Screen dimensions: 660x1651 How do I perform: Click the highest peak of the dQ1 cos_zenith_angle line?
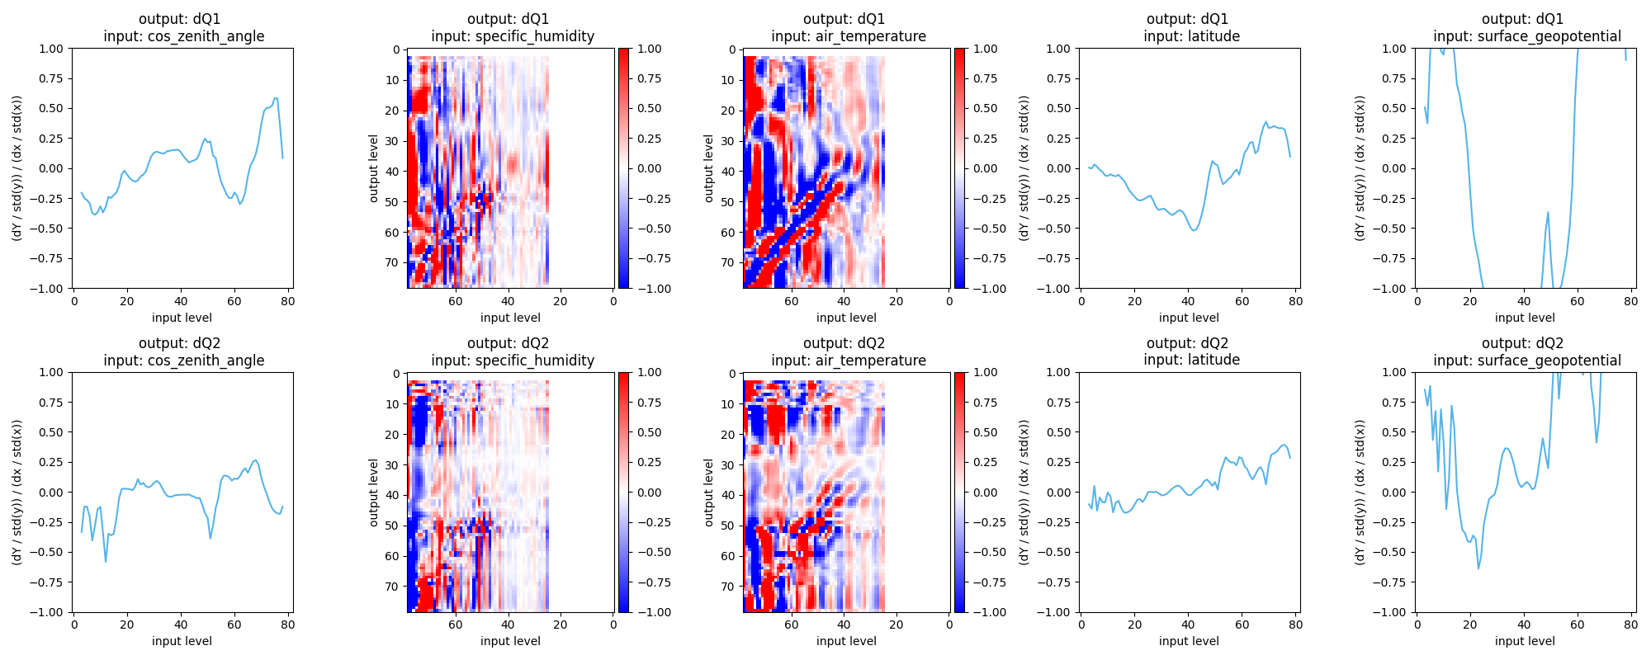[x=276, y=98]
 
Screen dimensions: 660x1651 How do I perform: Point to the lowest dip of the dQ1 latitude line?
[x=1194, y=230]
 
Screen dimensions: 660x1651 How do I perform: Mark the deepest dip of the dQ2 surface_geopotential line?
[x=1478, y=568]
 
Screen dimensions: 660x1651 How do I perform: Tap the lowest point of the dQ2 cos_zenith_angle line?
[x=106, y=562]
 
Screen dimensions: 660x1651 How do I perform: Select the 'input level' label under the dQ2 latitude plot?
[x=1189, y=641]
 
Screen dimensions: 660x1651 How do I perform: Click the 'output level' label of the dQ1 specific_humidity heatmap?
[x=374, y=168]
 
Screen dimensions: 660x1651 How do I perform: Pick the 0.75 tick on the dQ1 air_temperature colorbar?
[x=979, y=78]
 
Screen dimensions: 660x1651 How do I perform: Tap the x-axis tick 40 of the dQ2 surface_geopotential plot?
[x=1524, y=625]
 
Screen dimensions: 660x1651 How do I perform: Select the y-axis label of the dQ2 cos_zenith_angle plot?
[x=17, y=492]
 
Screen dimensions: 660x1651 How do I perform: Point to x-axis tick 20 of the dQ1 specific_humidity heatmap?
[x=561, y=301]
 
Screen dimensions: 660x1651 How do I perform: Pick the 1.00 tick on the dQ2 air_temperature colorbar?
[x=979, y=372]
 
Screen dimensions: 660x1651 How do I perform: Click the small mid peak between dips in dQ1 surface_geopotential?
[x=1548, y=213]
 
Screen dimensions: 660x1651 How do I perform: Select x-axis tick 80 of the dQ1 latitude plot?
[x=1296, y=301]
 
